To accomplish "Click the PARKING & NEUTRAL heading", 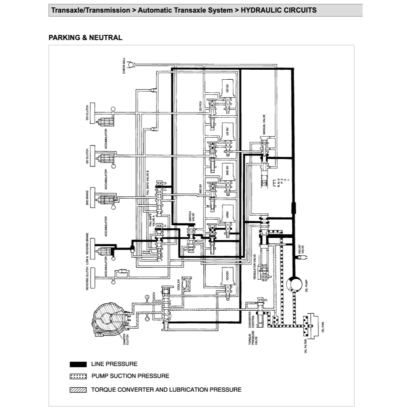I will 85,38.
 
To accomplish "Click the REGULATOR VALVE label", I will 254,264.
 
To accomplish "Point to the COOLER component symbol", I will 186,284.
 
